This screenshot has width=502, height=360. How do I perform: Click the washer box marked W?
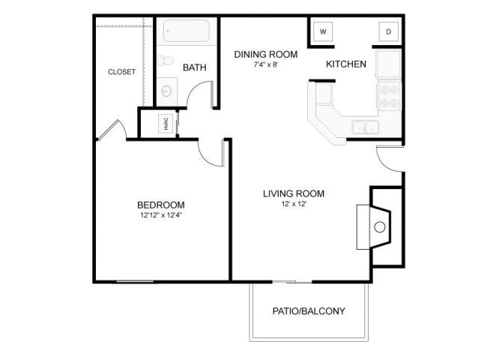pos(324,31)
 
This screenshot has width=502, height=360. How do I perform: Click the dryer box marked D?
pos(389,31)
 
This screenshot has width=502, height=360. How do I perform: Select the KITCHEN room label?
pos(346,64)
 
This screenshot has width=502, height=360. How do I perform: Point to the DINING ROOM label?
pos(266,54)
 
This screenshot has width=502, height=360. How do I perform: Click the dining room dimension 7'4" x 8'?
pos(266,64)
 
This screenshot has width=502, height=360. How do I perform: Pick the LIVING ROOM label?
pos(294,193)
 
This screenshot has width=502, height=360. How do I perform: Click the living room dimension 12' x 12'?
pos(294,204)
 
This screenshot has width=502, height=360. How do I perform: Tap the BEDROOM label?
pos(161,205)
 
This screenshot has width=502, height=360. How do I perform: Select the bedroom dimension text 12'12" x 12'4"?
pos(161,215)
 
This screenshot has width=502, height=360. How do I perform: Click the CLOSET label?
pos(122,72)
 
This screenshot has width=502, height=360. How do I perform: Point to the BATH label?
pos(195,67)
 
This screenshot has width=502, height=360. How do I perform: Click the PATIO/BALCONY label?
pos(308,310)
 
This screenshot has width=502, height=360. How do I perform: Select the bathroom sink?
pos(166,91)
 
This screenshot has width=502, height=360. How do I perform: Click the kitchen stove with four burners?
pos(389,95)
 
